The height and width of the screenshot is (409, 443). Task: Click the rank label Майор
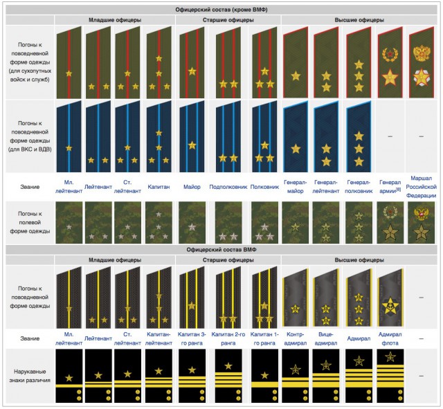point(192,187)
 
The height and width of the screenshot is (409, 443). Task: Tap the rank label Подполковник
point(228,187)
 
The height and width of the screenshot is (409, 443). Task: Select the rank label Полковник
point(264,187)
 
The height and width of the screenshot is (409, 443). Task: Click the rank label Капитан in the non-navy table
point(159,187)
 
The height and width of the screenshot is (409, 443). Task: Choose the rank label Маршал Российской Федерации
point(422,186)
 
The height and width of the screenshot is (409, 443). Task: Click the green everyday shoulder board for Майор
point(192,62)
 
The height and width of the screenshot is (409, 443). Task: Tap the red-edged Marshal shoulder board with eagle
point(422,62)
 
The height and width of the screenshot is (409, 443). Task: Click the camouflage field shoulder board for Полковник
point(264,221)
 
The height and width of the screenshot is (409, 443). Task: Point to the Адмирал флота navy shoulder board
point(390,298)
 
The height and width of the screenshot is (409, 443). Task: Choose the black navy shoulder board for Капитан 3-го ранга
point(192,298)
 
